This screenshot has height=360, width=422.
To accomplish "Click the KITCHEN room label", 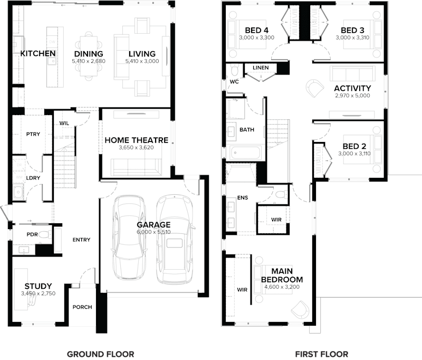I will pos(38,54).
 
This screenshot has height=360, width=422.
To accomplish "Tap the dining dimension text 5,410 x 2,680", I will pos(88,62).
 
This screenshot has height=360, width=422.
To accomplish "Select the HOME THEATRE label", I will pos(136,140).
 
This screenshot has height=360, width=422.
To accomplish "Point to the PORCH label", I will pos(82,307).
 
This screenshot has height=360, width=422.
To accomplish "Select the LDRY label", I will pos(33,178).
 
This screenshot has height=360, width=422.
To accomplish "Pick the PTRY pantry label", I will pos(33,134).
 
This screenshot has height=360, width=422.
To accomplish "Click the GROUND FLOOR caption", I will pos(100,354).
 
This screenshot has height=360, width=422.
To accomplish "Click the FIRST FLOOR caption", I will pos(322,354).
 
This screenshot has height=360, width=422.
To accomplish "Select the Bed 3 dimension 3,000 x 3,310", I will pos(352,38).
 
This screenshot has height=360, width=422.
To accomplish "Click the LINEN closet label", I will pos(261,68).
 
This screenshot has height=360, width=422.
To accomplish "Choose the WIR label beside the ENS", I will pos(276,219).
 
